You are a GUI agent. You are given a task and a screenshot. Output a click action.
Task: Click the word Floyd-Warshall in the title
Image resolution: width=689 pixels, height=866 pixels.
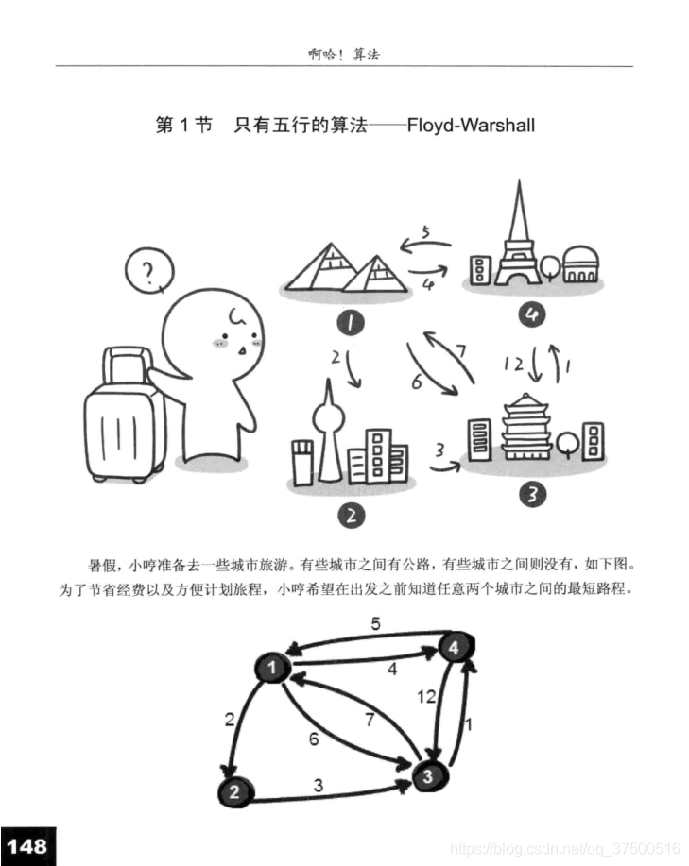coord(471,125)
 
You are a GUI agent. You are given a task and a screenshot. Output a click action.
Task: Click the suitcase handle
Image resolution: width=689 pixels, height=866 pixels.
coord(128,364)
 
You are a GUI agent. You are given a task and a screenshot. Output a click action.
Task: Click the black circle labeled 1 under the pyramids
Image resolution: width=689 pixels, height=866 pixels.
coord(351,324)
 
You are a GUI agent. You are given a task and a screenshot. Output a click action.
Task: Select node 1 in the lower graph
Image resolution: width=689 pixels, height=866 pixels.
coord(272,669)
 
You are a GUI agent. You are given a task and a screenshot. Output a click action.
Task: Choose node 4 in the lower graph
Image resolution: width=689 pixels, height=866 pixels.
coord(455,649)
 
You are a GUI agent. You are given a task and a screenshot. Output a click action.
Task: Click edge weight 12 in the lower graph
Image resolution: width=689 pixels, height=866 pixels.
coord(427,697)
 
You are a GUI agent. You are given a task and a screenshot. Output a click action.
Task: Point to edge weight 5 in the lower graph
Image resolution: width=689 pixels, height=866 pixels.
coord(374,624)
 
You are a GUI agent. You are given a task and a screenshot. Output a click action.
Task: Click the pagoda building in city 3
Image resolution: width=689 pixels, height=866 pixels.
coord(530,429)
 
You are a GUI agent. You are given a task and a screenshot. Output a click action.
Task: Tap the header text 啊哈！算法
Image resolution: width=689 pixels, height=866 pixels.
coord(343,55)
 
